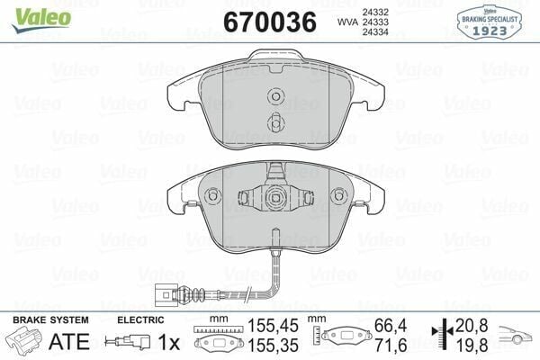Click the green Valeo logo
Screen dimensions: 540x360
point(40,19)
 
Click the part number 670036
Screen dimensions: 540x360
point(270,22)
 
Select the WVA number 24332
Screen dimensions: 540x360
point(375,12)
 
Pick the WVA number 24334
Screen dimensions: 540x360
point(375,32)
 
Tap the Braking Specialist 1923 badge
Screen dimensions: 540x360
point(490,22)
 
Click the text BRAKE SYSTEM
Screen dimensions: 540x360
point(50,320)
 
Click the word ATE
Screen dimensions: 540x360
point(69,341)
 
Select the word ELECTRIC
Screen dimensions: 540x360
point(140,320)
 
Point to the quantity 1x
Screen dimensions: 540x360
point(169,342)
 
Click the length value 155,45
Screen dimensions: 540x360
point(273,326)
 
